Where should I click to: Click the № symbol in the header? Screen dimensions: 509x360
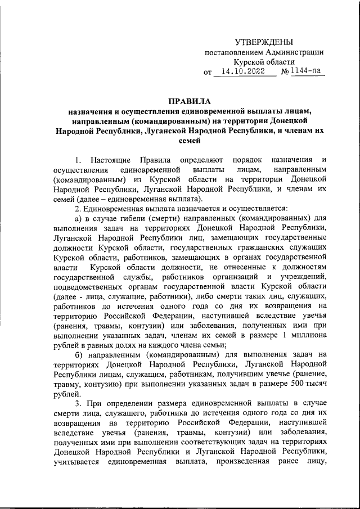(x=285, y=73)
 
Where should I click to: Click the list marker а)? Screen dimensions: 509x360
(x=79, y=219)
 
